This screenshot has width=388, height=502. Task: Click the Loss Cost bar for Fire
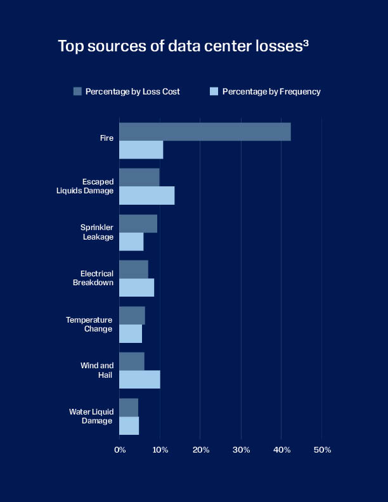[x=205, y=132]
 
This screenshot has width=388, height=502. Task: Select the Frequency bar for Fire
[x=141, y=150]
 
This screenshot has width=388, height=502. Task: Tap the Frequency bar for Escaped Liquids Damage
[x=146, y=196]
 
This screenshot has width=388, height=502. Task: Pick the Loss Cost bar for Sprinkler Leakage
[x=138, y=224]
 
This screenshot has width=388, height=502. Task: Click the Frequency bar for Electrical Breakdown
[x=136, y=288]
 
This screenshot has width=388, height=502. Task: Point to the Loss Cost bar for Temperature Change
[x=132, y=316]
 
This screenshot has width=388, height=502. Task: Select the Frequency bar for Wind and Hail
[x=139, y=380]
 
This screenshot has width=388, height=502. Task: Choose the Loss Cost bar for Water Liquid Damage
[x=129, y=408]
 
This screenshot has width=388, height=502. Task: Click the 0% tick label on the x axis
[x=120, y=450]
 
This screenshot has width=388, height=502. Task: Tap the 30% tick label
[x=241, y=450]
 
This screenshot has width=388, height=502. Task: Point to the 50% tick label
[x=322, y=450]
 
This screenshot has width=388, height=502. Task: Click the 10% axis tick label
[x=160, y=450]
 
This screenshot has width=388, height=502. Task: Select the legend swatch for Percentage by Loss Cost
[x=77, y=91]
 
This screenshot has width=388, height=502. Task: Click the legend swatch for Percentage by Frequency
[x=214, y=91]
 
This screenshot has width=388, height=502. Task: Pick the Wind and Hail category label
[x=98, y=370]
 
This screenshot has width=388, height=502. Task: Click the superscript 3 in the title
[x=306, y=43]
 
